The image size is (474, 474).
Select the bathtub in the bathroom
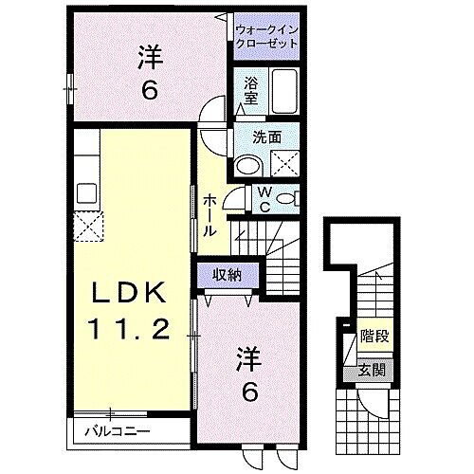[x=283, y=91]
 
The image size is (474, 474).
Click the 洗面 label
[x=265, y=137]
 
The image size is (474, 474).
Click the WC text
[x=266, y=200]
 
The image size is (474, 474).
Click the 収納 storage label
[x=225, y=275]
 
